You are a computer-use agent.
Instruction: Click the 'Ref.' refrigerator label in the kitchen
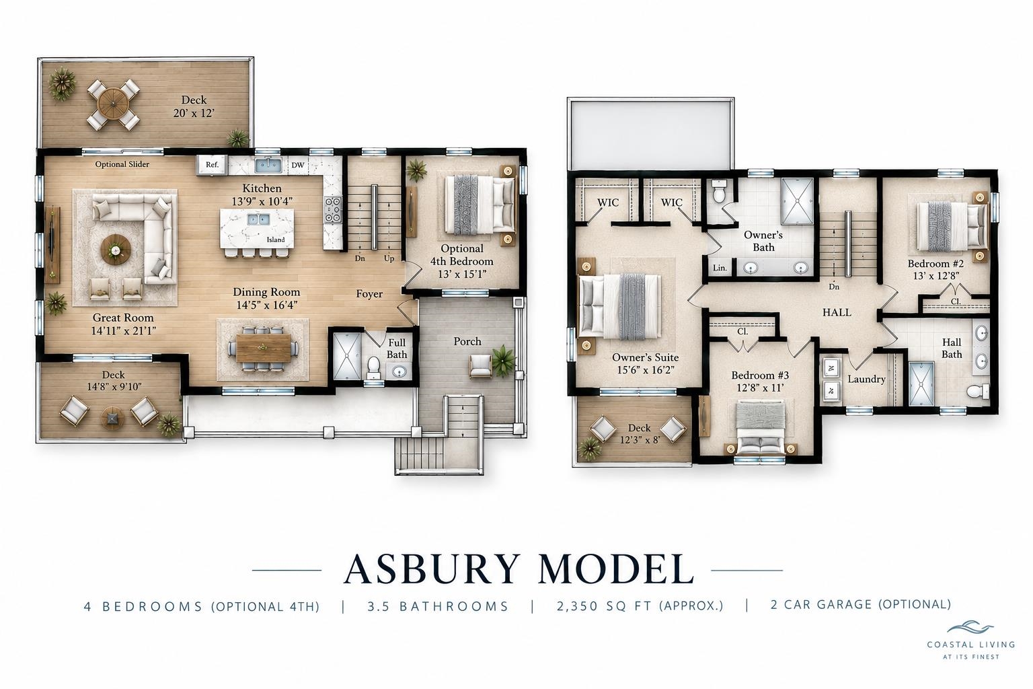pos(212,164)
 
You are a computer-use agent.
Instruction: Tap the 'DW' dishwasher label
pos(298,165)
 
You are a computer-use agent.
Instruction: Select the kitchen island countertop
pos(257,229)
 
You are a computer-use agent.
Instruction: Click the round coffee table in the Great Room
pos(116,250)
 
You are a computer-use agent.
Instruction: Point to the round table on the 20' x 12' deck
pos(114,104)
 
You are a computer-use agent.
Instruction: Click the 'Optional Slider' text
pos(122,164)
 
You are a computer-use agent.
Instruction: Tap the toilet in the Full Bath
pos(373,368)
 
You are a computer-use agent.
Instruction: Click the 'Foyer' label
pos(369,294)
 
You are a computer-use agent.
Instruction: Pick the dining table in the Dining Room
pos(264,348)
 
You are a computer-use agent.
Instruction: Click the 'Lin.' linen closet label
pos(720,268)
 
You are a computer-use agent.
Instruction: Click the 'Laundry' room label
pos(866,379)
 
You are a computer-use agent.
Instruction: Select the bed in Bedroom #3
pos(761,427)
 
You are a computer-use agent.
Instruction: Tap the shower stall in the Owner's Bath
pos(797,201)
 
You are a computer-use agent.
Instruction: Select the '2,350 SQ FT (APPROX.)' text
pos(640,606)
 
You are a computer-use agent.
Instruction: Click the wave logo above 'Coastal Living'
pos(970,628)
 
